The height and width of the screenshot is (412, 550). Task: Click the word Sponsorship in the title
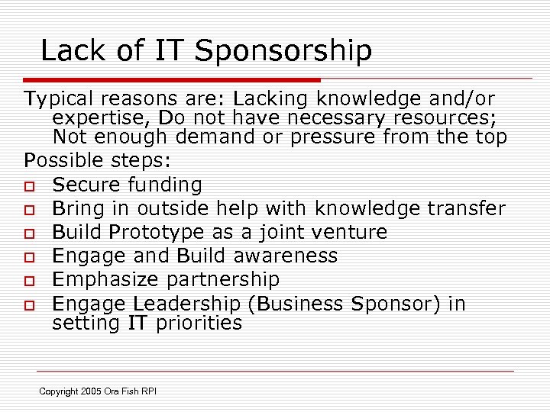[x=283, y=52]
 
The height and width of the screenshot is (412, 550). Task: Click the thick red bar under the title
[x=172, y=79]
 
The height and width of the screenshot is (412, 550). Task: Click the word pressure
[x=336, y=137]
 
